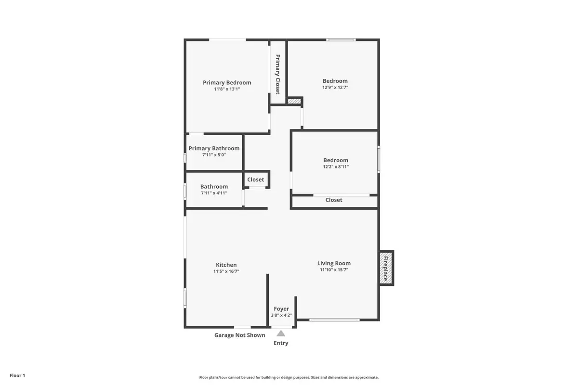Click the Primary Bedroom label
pos(227,82)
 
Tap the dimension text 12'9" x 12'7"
pos(335,88)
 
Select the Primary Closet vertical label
pos(277,74)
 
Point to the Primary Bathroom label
pos(214,148)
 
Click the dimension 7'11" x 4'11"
pos(214,193)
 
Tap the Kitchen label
pos(226,265)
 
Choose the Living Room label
pos(334,263)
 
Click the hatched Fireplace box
pos(386,268)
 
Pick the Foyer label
pos(281,309)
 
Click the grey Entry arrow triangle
pos(281,333)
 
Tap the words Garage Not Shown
pos(239,335)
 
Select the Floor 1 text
pos(17,375)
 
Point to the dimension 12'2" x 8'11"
pos(335,167)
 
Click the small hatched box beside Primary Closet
pos(294,101)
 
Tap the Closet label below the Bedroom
pos(334,200)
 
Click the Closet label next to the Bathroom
pos(255,180)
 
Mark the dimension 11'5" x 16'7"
pos(226,271)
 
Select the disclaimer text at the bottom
pos(289,378)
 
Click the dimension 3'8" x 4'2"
pos(281,316)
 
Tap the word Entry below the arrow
pos(281,343)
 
